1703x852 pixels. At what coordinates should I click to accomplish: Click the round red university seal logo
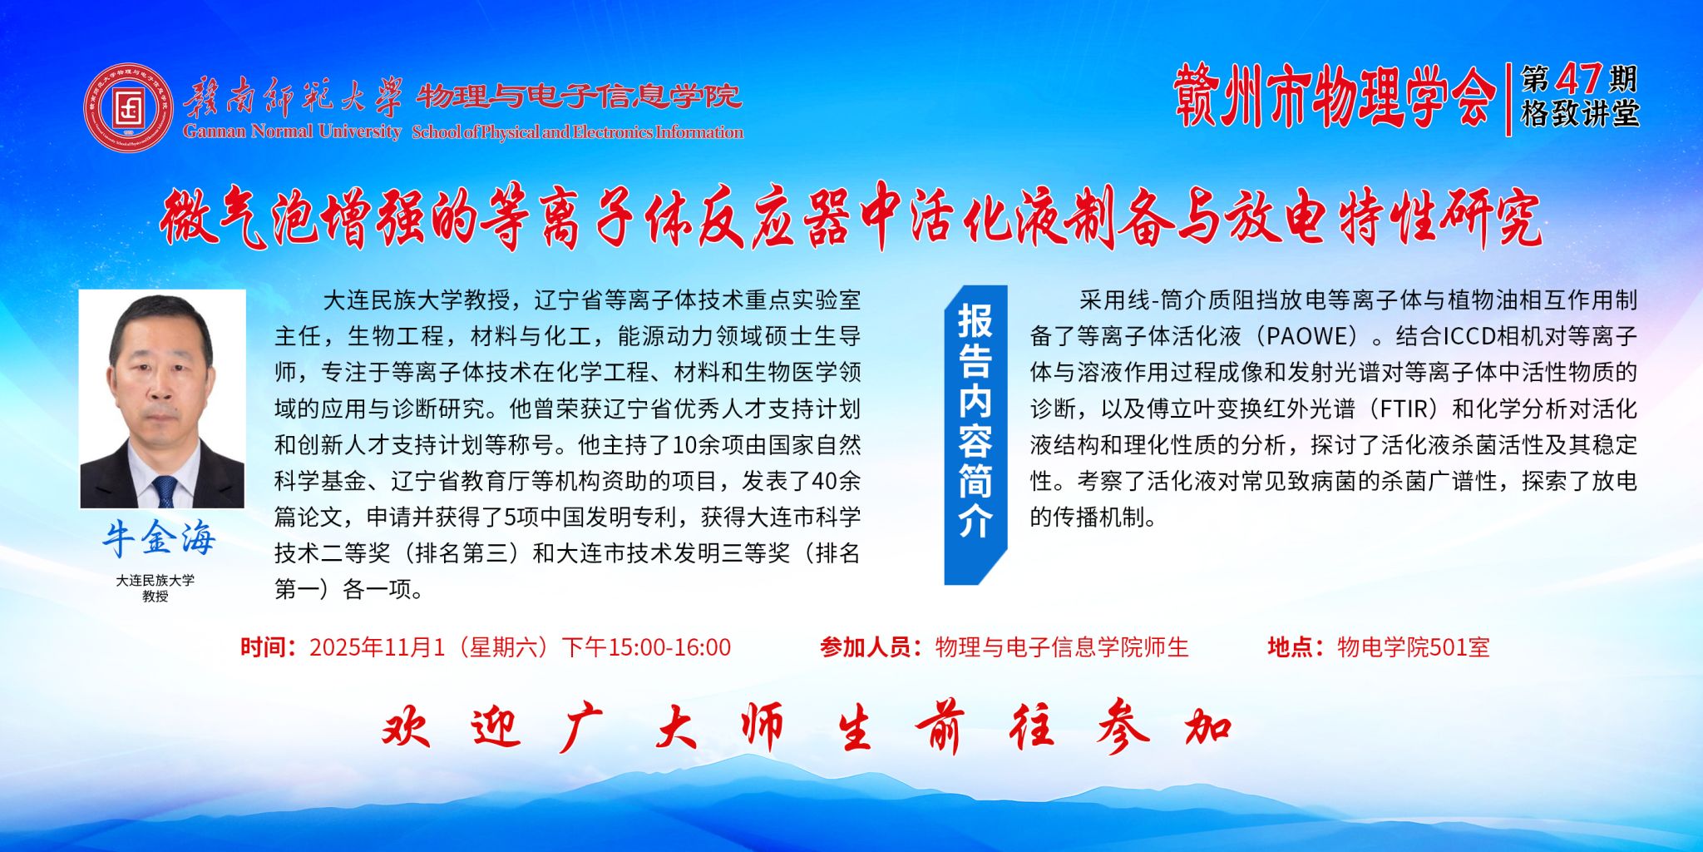click(x=129, y=106)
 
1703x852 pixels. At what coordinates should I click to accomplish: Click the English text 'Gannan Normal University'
click(x=293, y=131)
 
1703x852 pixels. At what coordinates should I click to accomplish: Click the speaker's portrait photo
click(x=162, y=399)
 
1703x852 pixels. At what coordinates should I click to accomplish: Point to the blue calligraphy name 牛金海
click(x=160, y=538)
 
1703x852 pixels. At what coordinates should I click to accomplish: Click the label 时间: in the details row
click(x=268, y=647)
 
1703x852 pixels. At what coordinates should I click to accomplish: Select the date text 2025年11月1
click(x=378, y=647)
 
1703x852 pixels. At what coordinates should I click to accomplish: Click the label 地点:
click(x=1296, y=647)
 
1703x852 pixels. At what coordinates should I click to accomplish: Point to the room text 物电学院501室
click(x=1414, y=647)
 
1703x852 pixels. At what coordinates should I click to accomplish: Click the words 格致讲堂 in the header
click(x=1580, y=114)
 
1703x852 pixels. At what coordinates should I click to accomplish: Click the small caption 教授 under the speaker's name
click(x=155, y=597)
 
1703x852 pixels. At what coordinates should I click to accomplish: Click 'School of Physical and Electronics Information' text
click(x=577, y=131)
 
